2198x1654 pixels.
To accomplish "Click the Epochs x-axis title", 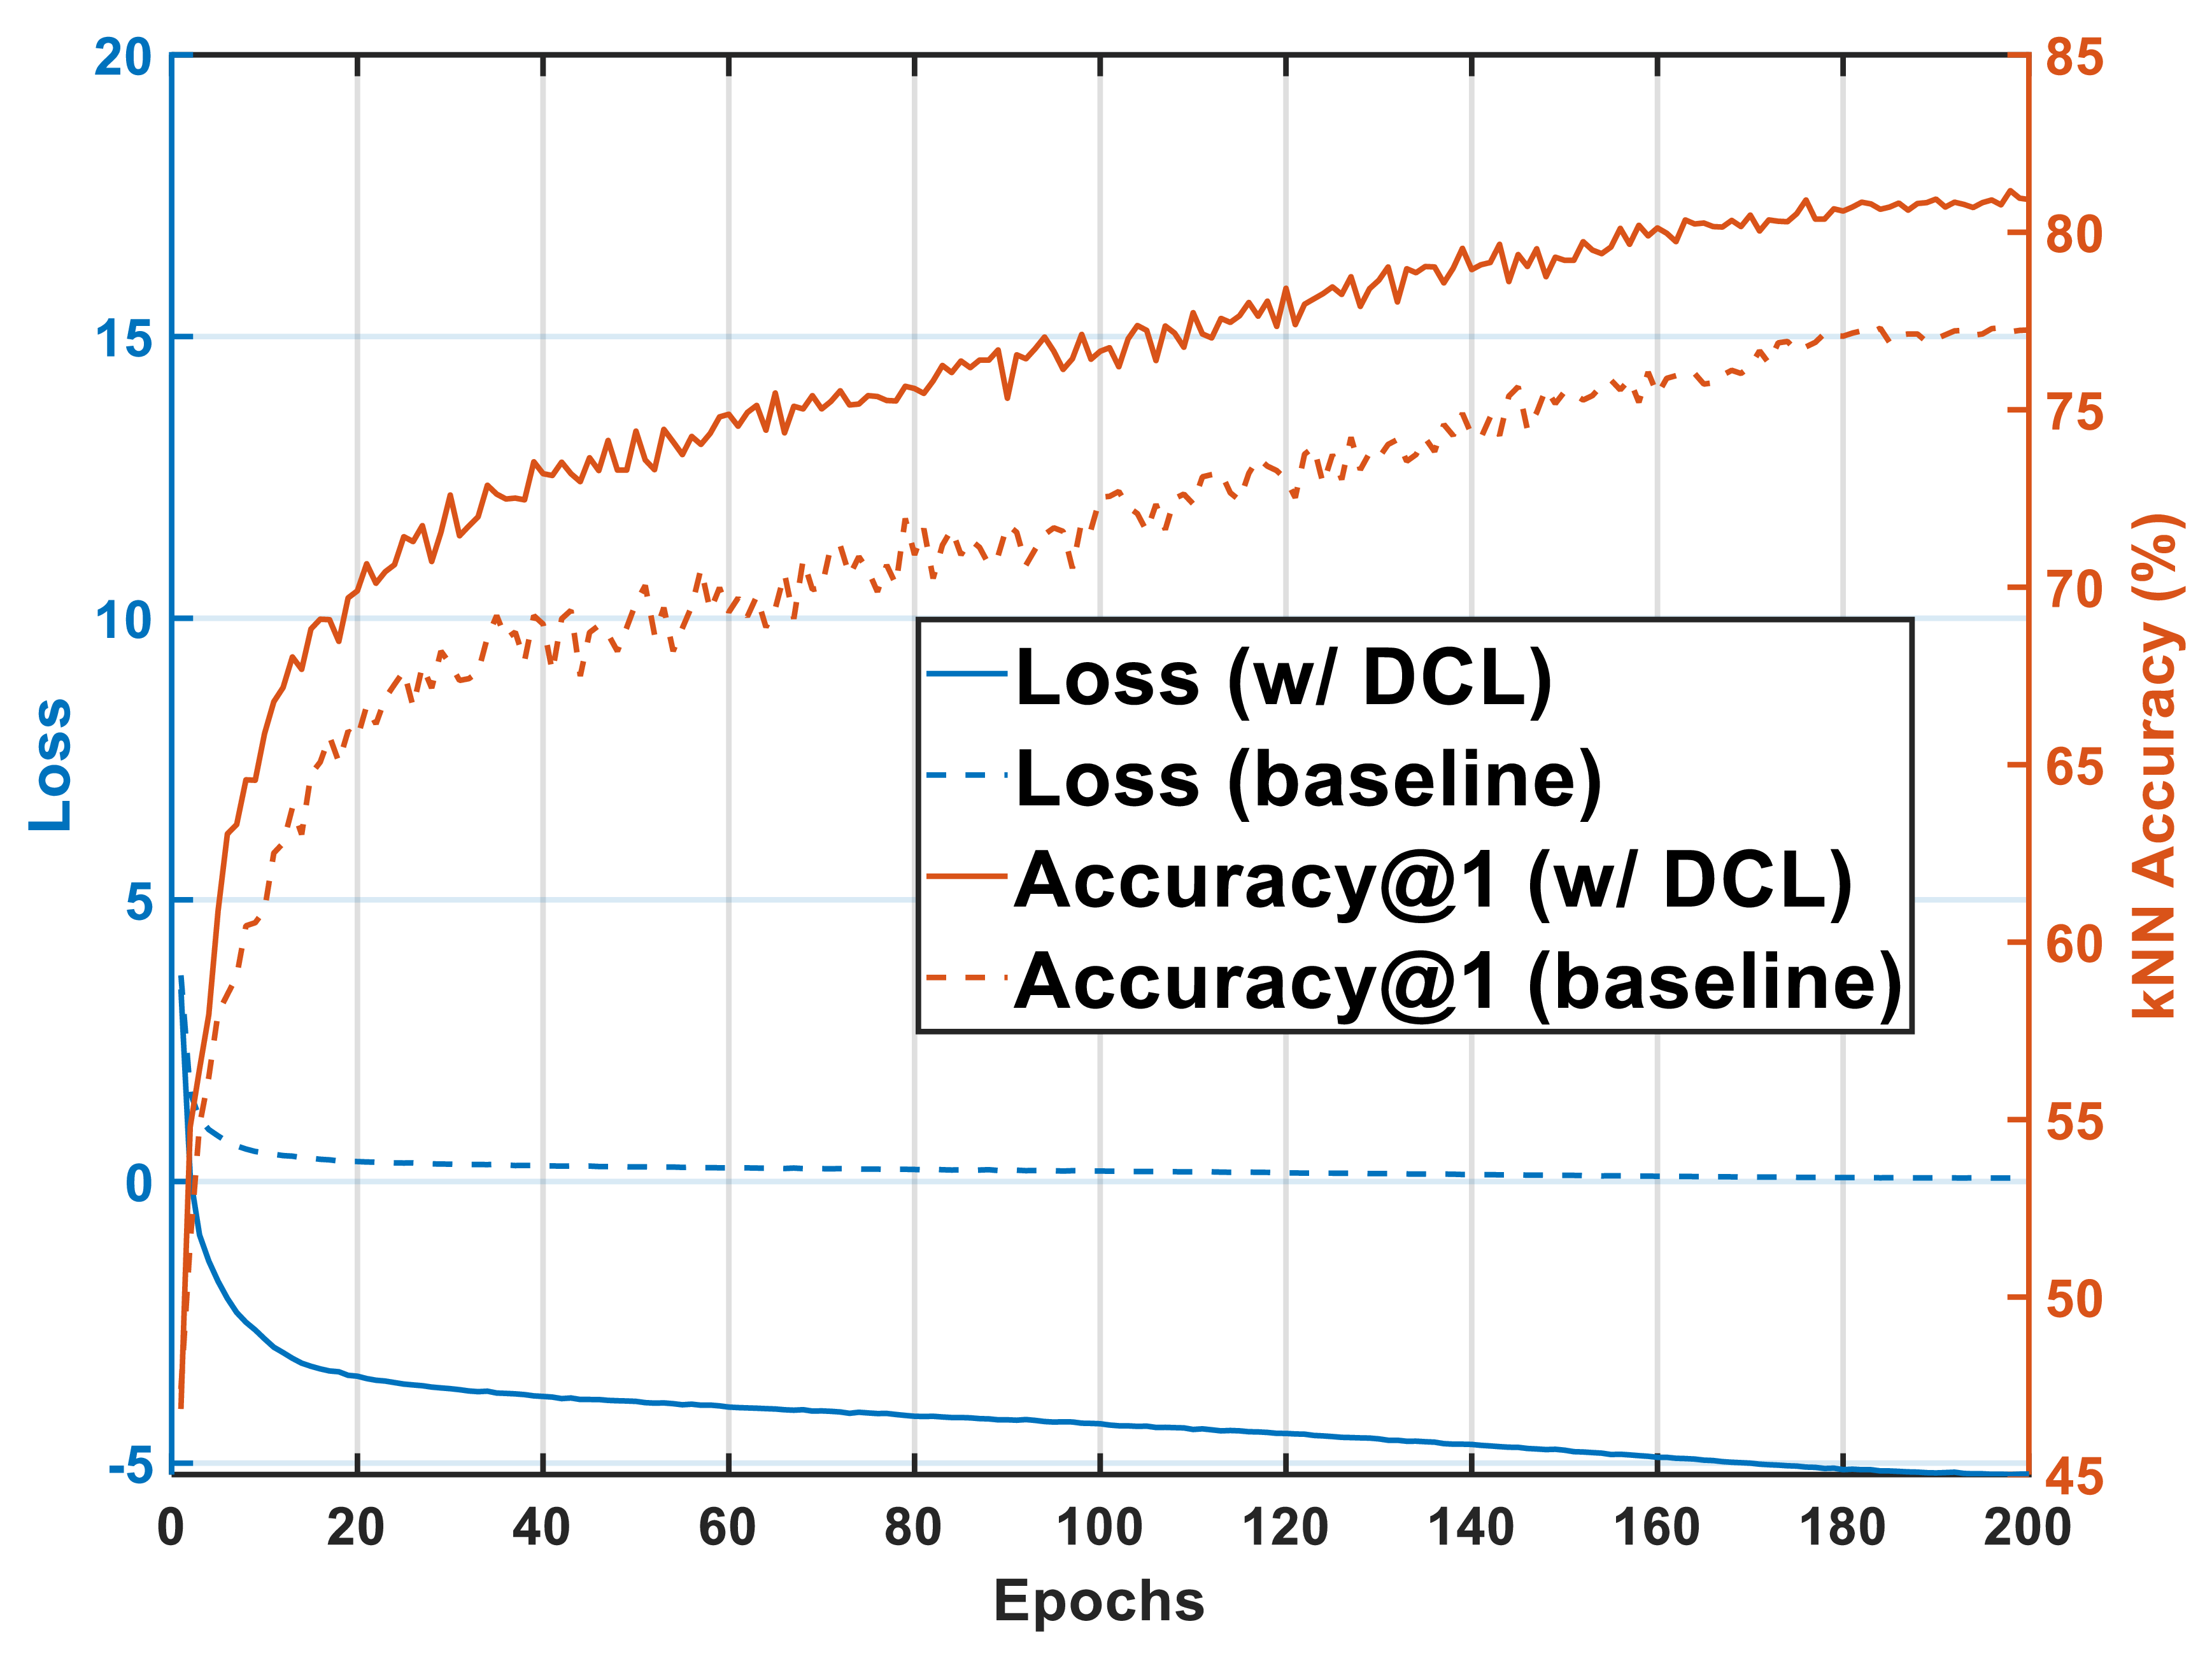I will click(1099, 1601).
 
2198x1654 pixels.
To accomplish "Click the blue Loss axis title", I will click(50, 764).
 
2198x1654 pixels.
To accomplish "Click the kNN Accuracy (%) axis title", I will click(2156, 765).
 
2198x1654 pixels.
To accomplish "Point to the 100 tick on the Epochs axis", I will click(1099, 1527).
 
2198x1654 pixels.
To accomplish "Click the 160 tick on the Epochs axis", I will click(1656, 1527).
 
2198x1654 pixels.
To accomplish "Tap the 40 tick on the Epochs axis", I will click(542, 1527).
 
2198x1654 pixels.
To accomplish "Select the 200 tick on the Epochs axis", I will click(2027, 1527).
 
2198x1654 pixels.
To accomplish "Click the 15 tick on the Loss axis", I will click(124, 339).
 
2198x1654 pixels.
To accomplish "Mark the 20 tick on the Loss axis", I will click(121, 58).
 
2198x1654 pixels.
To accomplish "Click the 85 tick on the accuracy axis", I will click(2074, 58).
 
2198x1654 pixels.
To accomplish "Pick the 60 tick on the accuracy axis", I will click(2074, 944).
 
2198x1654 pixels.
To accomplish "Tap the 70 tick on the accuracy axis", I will click(2074, 589).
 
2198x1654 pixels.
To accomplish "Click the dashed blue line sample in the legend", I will click(966, 774).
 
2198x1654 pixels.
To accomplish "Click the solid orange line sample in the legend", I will click(966, 876).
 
